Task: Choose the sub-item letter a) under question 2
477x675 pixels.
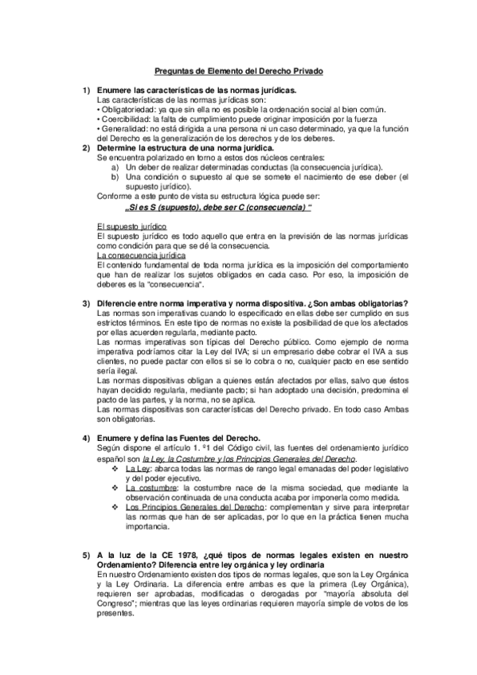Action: (115, 167)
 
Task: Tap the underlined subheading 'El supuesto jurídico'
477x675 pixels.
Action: (131, 228)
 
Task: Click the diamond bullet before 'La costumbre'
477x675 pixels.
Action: (116, 486)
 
